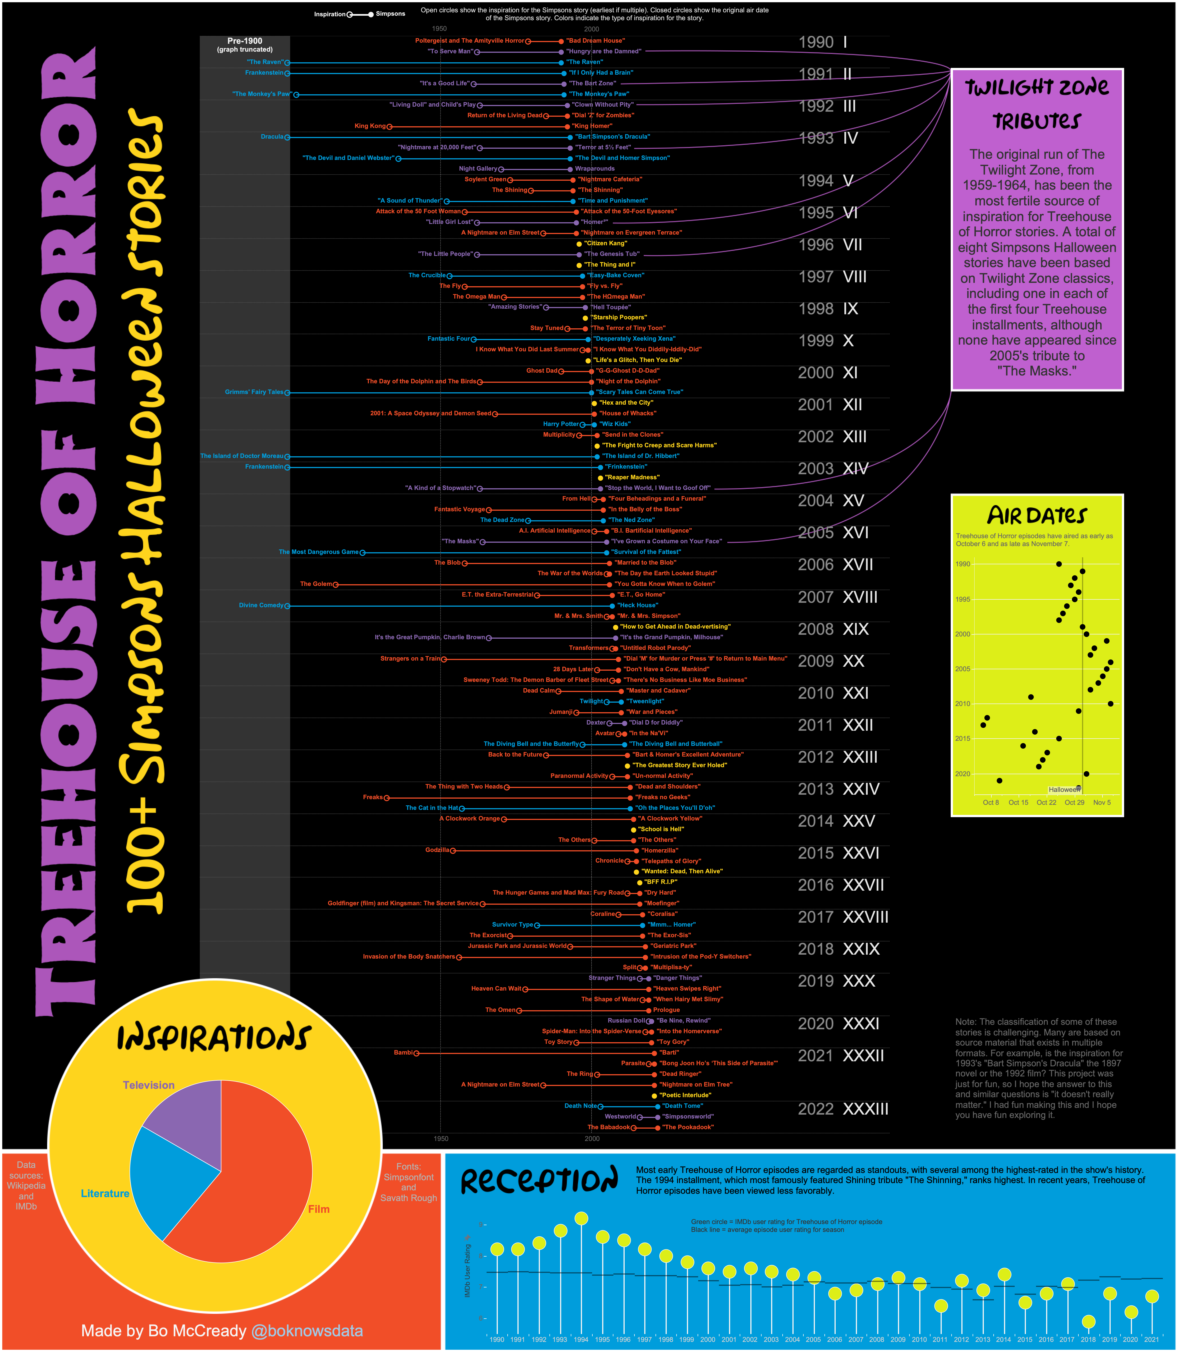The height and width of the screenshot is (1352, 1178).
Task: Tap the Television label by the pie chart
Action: click(148, 1085)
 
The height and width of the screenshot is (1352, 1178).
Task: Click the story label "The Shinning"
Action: click(600, 190)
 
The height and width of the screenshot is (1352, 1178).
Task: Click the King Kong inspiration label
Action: click(370, 126)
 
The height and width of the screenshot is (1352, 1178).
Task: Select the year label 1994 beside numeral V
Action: click(816, 181)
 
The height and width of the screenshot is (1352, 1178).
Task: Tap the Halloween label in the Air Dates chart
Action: click(1063, 789)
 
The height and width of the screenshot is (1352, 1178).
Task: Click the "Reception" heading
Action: click(539, 1181)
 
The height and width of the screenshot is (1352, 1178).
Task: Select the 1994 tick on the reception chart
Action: click(581, 1339)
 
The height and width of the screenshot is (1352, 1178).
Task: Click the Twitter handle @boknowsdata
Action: click(307, 1331)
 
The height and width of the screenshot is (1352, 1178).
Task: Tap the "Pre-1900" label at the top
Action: click(244, 41)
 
